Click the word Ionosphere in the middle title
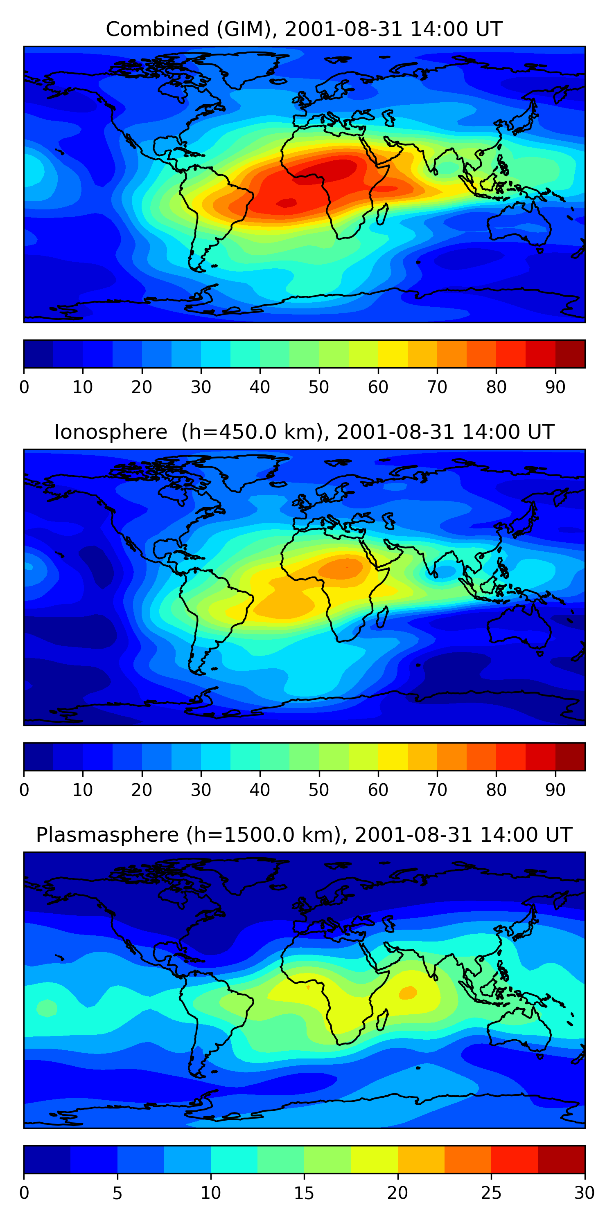pos(111,432)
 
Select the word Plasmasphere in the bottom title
pos(107,835)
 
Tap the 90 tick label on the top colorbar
pos(555,387)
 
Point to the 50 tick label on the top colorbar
pos(319,387)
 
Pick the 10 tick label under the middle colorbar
pos(82,790)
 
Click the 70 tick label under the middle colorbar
pos(437,790)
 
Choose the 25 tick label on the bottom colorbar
pos(491,1193)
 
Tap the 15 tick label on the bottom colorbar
pos(304,1193)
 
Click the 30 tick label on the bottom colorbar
pos(584,1193)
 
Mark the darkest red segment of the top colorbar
pos(570,354)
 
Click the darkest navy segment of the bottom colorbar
pos(47,1160)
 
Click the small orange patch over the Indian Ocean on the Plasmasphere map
pos(408,992)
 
